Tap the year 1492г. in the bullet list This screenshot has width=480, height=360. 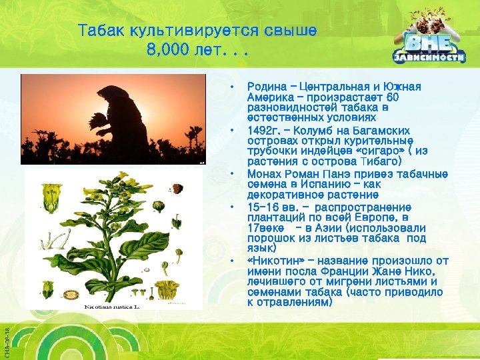point(266,131)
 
